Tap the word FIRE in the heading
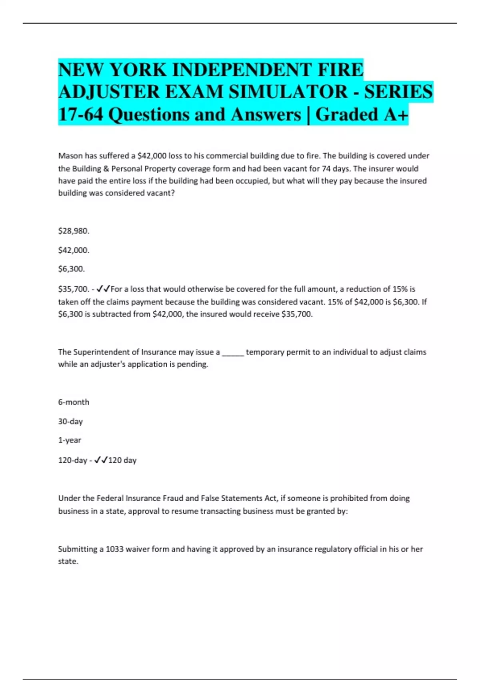(340, 70)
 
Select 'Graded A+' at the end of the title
(362, 114)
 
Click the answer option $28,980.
(74, 231)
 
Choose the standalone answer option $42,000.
(74, 250)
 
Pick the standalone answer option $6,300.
(71, 269)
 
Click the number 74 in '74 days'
(326, 168)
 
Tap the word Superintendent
(101, 352)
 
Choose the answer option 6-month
(74, 402)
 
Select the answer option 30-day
(70, 421)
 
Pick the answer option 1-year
(70, 440)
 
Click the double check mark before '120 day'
(101, 460)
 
